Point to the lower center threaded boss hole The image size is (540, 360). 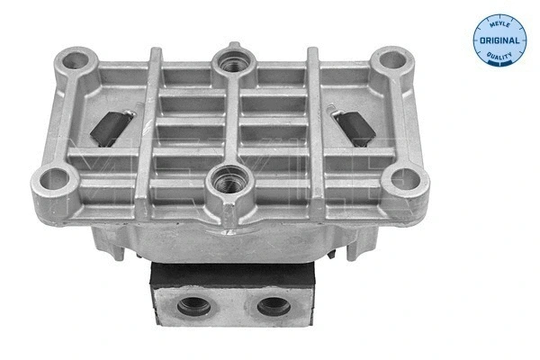pyautogui.click(x=221, y=184)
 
